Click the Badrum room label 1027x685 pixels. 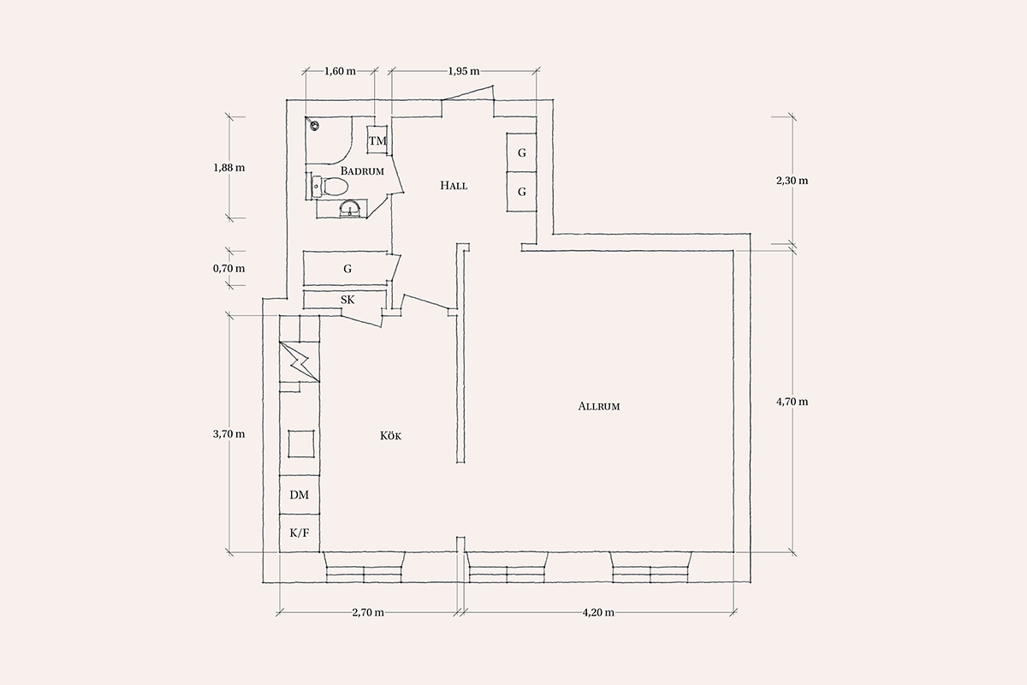(x=362, y=171)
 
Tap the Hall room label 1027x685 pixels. (x=454, y=185)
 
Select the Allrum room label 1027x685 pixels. (x=599, y=406)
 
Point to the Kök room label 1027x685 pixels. (x=390, y=436)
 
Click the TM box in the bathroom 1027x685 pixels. (x=377, y=140)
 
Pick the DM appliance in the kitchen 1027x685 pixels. (x=300, y=495)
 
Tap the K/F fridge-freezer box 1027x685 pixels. (x=300, y=533)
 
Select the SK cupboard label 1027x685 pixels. (x=347, y=300)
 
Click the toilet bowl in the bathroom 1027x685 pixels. (x=335, y=187)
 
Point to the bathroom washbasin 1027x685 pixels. (x=351, y=209)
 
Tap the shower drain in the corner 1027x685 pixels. (x=314, y=125)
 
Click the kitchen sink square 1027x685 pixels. (x=301, y=444)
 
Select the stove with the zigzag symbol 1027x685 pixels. (x=300, y=361)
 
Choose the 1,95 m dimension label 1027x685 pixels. (x=464, y=71)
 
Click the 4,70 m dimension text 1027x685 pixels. (x=793, y=402)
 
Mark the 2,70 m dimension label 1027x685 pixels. (x=368, y=612)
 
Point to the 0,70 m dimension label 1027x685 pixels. (x=229, y=268)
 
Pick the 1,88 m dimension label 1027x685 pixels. (x=229, y=168)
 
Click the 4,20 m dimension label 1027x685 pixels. (x=598, y=612)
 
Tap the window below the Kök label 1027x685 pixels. (x=364, y=568)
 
